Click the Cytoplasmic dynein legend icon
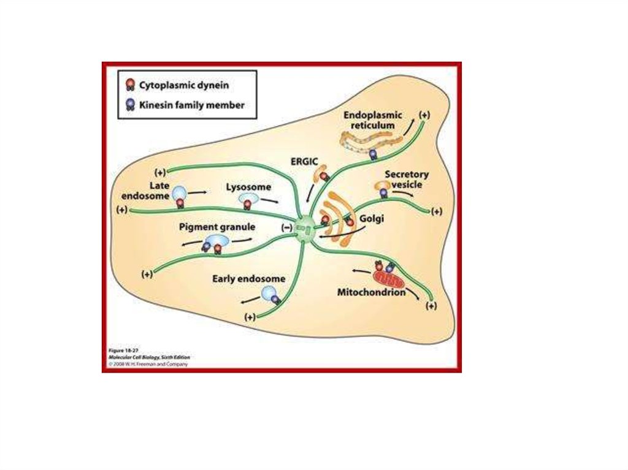[x=129, y=84]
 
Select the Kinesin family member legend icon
[x=129, y=105]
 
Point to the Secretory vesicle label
[x=407, y=179]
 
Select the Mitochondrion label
[x=372, y=292]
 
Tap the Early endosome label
[x=248, y=279]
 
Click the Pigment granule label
[x=217, y=227]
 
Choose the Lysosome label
[x=248, y=186]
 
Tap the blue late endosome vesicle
[x=180, y=193]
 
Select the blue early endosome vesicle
[x=268, y=294]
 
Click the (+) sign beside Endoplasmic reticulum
[x=424, y=115]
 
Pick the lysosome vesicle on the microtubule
[x=249, y=199]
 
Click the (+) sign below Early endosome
[x=250, y=317]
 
